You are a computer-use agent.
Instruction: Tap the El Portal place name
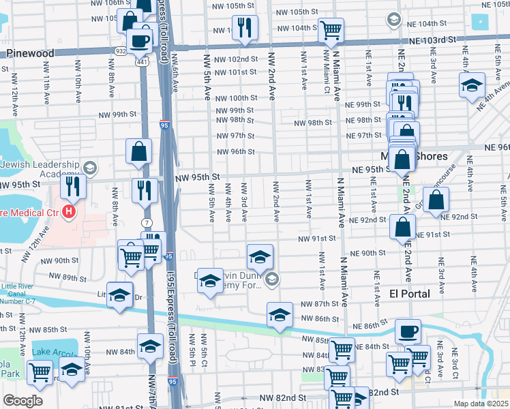coord(409,294)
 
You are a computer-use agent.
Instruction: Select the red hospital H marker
coord(69,212)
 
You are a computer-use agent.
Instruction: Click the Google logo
coord(22,401)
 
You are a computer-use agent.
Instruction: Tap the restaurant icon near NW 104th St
coord(243,27)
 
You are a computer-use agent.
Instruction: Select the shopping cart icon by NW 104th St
coord(331,29)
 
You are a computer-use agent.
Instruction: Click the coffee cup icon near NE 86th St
coord(408,331)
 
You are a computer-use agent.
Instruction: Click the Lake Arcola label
coord(57,352)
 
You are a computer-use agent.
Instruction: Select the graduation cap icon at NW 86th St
coord(279,315)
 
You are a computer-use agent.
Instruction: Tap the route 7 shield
coord(148,224)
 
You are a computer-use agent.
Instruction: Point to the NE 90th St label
coord(370,253)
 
